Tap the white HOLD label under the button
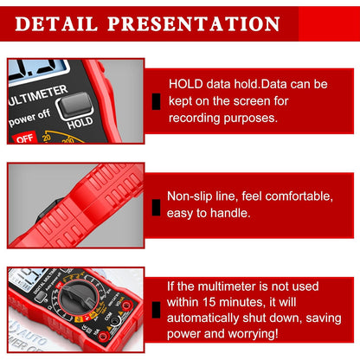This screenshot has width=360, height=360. [x=80, y=123]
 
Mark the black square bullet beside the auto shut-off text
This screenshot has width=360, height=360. [x=155, y=310]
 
